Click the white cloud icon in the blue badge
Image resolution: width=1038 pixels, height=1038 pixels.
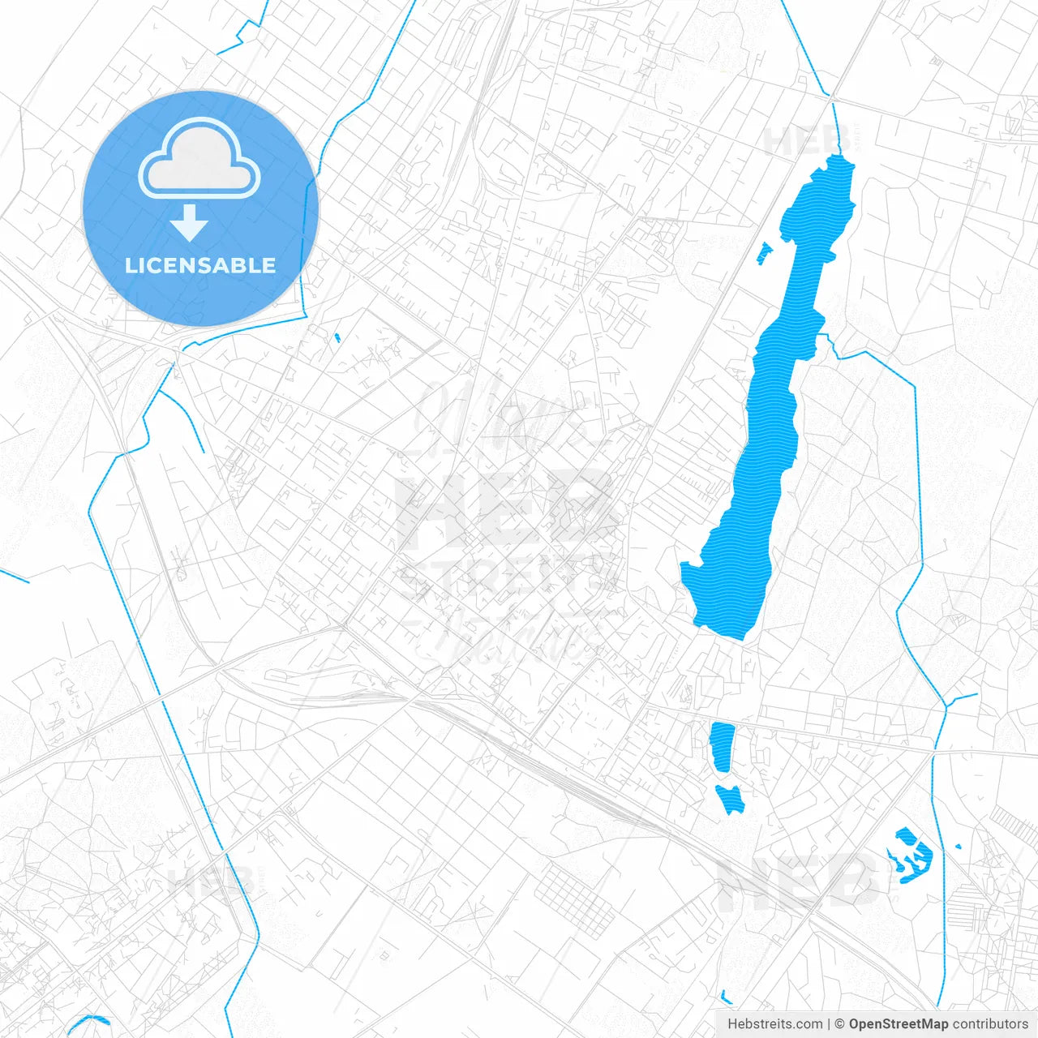coord(199,159)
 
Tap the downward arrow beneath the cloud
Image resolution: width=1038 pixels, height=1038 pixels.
coord(190,223)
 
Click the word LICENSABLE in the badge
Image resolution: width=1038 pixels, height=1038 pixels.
coord(200,266)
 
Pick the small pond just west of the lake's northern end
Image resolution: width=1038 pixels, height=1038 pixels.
coord(764,253)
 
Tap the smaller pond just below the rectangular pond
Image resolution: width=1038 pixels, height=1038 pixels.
coord(731,798)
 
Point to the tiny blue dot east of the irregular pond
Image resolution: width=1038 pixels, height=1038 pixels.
coord(959,847)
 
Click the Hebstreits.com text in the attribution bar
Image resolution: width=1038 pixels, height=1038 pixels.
coord(774,1024)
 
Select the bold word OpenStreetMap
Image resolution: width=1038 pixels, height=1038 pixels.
coord(899,1024)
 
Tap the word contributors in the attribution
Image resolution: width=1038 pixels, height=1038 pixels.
coord(990,1024)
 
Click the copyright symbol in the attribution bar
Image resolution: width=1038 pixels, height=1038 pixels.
coord(840,1024)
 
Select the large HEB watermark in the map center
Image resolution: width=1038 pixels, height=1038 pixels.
coord(503,507)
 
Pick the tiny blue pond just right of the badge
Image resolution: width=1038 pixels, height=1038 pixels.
coord(337,337)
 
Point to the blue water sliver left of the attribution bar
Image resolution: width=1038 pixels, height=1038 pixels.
coord(726,997)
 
